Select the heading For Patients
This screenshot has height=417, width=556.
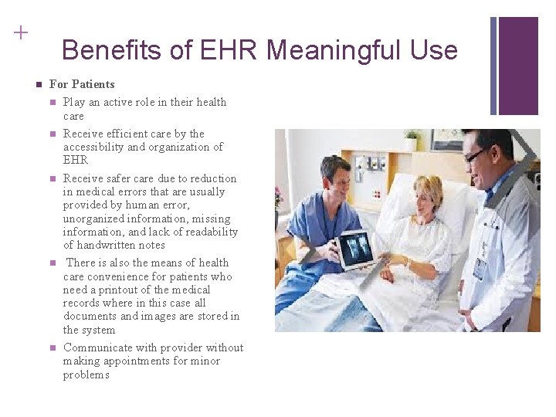point(82,84)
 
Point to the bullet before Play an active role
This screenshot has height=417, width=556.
point(52,102)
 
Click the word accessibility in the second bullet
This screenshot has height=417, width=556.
point(94,147)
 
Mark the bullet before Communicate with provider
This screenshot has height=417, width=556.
point(52,347)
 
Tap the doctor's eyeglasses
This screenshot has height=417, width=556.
point(476,155)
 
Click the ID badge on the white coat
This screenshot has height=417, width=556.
point(480,267)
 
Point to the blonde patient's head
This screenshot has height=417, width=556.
point(428,193)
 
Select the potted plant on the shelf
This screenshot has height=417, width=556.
point(412,140)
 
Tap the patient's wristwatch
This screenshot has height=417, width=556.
point(407,263)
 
